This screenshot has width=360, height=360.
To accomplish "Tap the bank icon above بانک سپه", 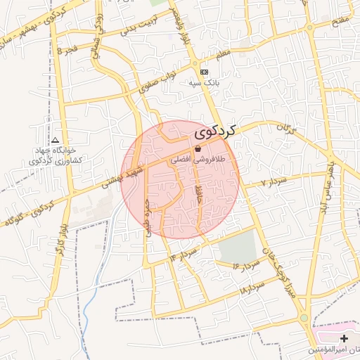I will pos(204,72).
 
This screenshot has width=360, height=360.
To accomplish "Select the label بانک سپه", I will pos(204,82).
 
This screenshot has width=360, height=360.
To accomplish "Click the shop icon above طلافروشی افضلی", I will pos(198,148).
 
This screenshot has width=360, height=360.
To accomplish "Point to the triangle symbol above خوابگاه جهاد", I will pos(56,140).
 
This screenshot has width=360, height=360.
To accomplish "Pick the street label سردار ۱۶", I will pos(246,265).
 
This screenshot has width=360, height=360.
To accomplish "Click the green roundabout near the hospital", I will pos(303,319).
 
